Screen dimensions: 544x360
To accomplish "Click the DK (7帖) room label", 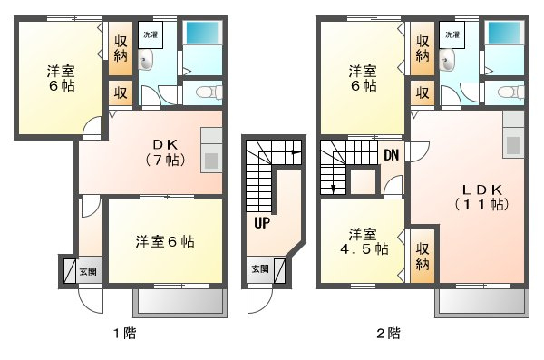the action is tap(166, 152).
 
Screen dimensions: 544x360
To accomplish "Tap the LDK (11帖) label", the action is tap(482, 197).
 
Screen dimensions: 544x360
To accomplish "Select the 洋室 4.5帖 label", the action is tap(364, 241).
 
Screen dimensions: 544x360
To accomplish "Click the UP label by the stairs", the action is tap(262, 223).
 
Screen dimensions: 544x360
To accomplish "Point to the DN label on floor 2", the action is tap(392, 155).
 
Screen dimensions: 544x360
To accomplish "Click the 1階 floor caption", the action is tap(125, 334).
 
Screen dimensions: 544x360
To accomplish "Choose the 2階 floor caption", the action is tap(389, 334).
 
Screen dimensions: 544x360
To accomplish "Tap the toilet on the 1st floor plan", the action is tap(209, 92).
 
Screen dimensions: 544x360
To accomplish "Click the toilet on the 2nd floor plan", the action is tap(510, 92).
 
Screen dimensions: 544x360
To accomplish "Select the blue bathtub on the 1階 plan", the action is tap(202, 33).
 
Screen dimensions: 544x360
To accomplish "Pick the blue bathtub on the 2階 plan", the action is tap(504, 33).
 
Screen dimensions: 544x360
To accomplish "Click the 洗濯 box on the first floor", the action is tap(151, 34).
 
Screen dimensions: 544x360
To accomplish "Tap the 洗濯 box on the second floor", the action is tap(452, 34).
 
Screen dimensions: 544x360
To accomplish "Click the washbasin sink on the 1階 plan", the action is tap(145, 60).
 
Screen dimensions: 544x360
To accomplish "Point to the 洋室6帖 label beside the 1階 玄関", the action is tap(165, 241).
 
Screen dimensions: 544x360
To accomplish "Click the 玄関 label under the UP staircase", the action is tap(260, 268).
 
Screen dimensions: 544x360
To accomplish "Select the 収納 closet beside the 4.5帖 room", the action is tap(423, 257).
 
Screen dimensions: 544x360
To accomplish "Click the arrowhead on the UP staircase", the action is tap(296, 152).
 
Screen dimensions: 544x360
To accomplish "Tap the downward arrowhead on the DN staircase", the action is tap(334, 190).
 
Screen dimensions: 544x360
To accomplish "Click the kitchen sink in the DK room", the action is tap(210, 161).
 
